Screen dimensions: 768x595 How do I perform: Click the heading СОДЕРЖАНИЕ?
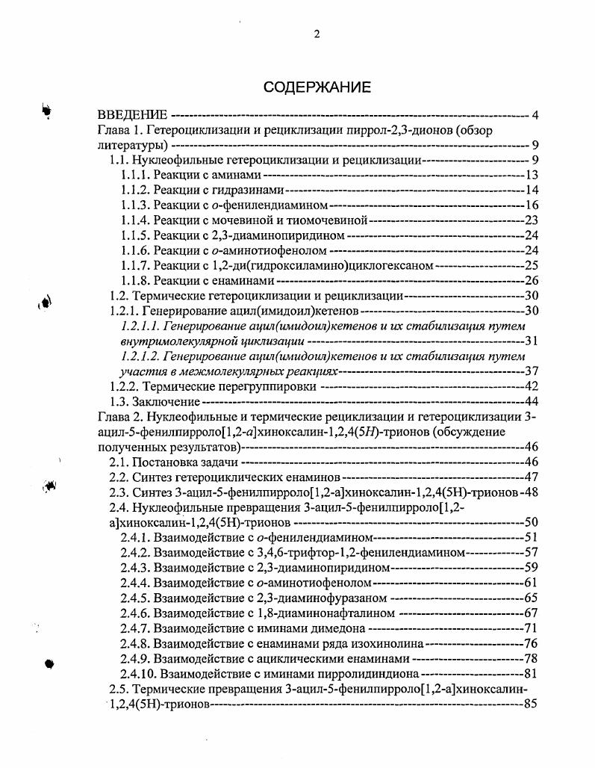(317, 87)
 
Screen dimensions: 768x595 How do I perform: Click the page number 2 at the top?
(317, 34)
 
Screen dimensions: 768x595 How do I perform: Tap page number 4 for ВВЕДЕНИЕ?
(535, 115)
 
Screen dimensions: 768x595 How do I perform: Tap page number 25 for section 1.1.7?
(531, 265)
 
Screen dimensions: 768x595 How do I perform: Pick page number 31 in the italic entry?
(531, 341)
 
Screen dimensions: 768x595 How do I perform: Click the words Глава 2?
(119, 417)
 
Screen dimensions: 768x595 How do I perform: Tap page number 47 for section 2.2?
(531, 477)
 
